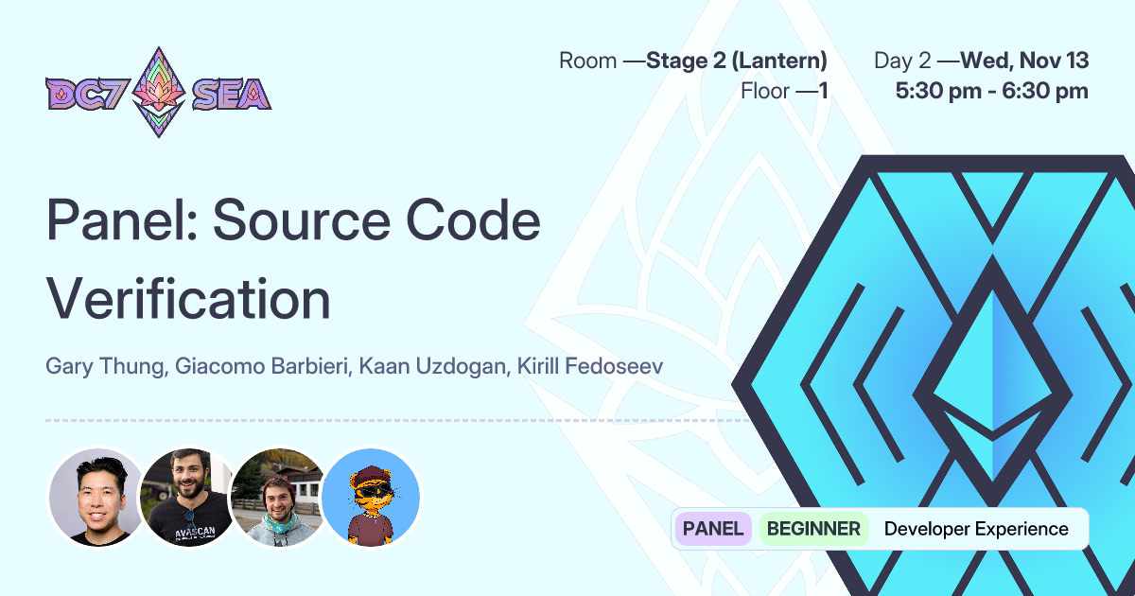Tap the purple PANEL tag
click(x=713, y=529)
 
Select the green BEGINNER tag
click(x=813, y=529)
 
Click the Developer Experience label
click(x=975, y=529)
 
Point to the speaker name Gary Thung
click(x=105, y=366)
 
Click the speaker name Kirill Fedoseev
click(x=590, y=366)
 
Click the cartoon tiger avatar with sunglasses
click(x=371, y=497)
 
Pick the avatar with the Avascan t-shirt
click(x=188, y=497)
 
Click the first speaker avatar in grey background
click(x=96, y=497)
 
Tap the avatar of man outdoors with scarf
click(x=279, y=497)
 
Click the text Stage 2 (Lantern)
click(x=737, y=61)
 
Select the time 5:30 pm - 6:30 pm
click(x=991, y=92)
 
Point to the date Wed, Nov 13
click(x=1024, y=61)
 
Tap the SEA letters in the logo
click(x=231, y=93)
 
